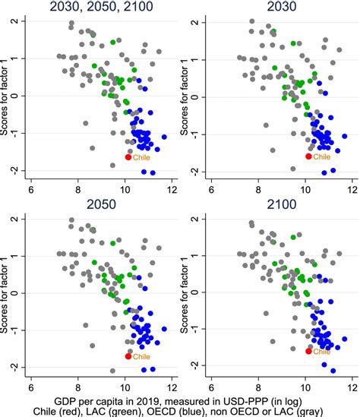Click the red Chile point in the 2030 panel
point(308,156)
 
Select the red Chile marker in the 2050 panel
point(128,355)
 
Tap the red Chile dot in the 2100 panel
point(308,351)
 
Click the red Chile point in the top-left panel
point(128,156)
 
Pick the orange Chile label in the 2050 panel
point(142,357)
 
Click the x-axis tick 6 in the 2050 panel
point(31,385)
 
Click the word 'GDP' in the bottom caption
point(67,400)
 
